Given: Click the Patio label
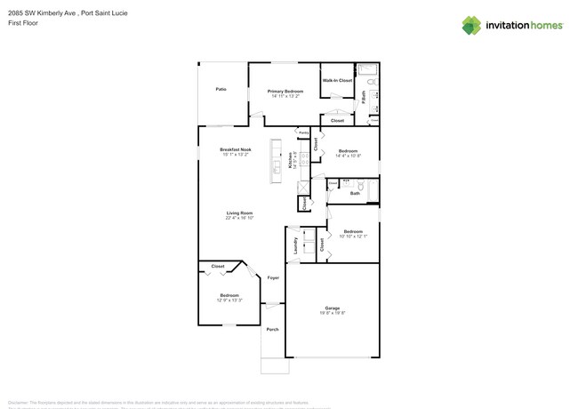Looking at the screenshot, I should [x=221, y=89].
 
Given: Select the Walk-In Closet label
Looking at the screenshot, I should [x=337, y=81].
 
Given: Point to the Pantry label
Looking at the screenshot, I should [x=303, y=132].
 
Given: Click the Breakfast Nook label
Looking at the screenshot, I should [x=236, y=149].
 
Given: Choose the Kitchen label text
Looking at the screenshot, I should [x=290, y=160].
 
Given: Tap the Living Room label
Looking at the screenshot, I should [x=239, y=213].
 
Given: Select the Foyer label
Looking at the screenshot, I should [x=273, y=278].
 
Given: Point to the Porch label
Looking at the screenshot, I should [x=272, y=329].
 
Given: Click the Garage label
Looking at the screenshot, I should [x=332, y=308].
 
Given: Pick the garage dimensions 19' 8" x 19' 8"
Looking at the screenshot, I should [x=332, y=313].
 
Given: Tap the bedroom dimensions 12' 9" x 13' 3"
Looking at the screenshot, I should [x=229, y=301].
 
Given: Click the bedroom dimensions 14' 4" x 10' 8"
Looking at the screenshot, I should [x=348, y=156].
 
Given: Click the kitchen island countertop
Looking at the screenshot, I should [x=277, y=162].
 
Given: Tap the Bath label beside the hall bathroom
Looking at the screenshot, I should [x=355, y=193].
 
